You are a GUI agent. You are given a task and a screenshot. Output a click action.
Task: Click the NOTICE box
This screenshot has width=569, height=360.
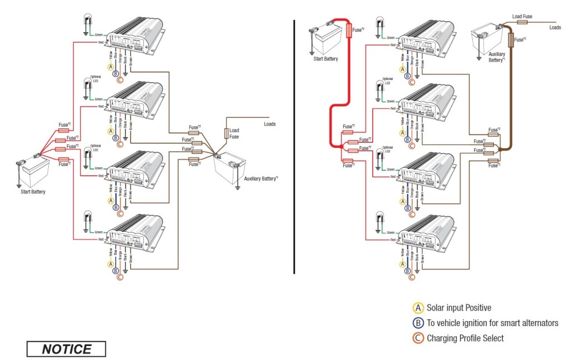click(66, 349)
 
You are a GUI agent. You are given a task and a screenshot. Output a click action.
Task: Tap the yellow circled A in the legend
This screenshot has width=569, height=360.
click(418, 308)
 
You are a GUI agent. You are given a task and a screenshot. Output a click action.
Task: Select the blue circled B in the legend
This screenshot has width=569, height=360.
click(418, 323)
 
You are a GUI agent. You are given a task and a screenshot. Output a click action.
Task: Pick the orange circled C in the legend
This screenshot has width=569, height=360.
click(418, 338)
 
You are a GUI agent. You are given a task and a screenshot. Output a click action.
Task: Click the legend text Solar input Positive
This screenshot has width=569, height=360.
click(458, 308)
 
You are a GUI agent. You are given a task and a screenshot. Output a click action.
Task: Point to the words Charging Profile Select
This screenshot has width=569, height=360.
click(465, 338)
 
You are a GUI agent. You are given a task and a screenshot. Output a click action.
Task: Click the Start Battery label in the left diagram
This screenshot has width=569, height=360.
click(30, 192)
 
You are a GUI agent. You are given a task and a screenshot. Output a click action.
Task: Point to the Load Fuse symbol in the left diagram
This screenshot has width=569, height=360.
click(226, 133)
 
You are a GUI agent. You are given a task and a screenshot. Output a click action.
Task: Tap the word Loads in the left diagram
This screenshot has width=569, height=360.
click(266, 124)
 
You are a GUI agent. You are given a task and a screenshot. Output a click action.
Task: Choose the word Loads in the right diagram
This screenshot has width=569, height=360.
click(555, 27)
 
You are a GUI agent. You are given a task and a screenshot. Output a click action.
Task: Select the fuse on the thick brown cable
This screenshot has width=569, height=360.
click(511, 39)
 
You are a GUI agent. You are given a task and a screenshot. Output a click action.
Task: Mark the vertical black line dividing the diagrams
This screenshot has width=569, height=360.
click(293, 147)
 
